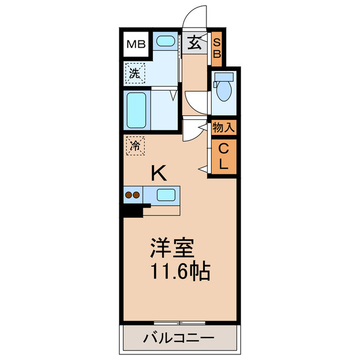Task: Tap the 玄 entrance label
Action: pyautogui.click(x=194, y=43)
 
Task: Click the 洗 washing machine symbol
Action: pyautogui.click(x=135, y=73)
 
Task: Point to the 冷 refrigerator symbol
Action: pyautogui.click(x=135, y=145)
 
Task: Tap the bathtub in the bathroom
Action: pyautogui.click(x=137, y=110)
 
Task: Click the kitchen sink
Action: pyautogui.click(x=165, y=195)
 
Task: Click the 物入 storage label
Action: pyautogui.click(x=223, y=128)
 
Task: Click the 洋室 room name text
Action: pyautogui.click(x=172, y=248)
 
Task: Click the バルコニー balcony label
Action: pyautogui.click(x=178, y=339)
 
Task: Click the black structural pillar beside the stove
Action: pyautogui.click(x=132, y=210)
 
